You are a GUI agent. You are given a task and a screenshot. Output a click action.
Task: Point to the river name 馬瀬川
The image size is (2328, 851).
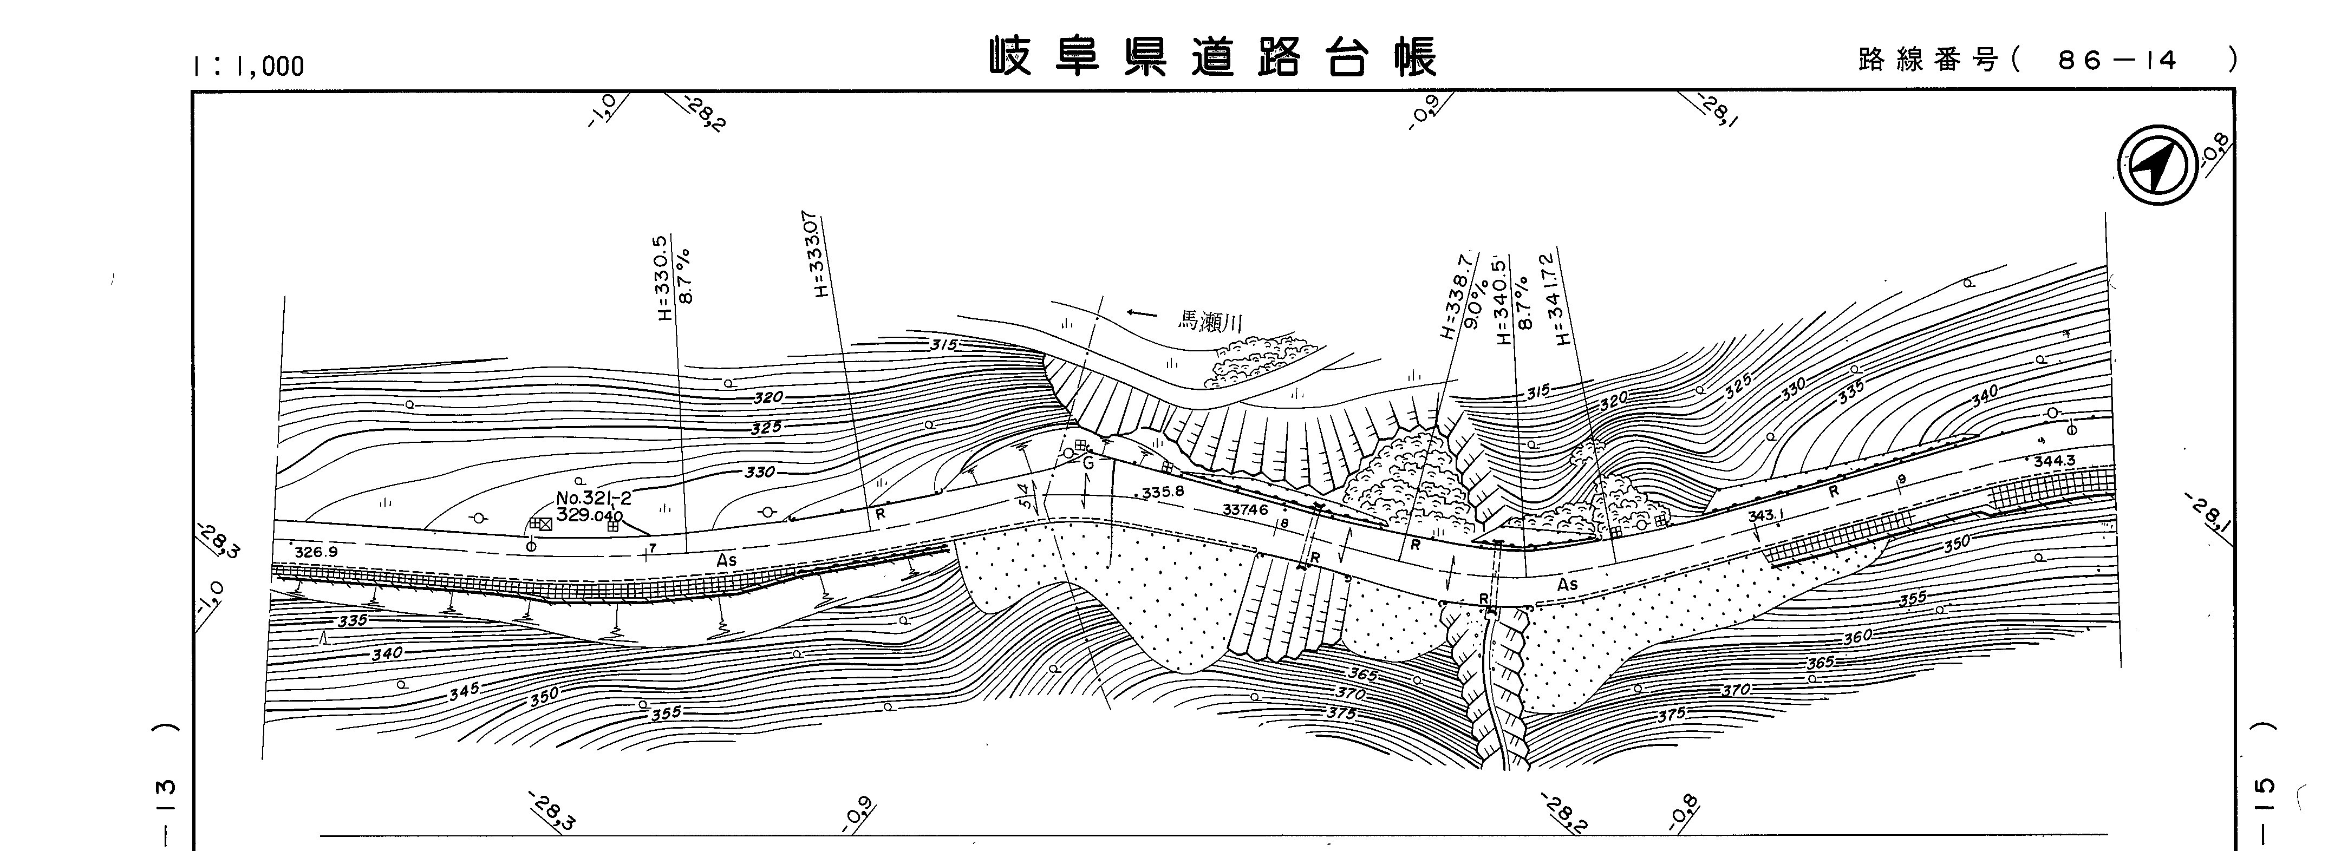(x=1211, y=320)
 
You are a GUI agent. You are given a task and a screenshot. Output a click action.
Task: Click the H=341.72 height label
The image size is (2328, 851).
(x=1560, y=299)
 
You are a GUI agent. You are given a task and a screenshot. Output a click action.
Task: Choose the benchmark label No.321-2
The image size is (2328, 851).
(x=594, y=498)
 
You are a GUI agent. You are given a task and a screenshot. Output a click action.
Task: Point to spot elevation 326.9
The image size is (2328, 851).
(x=316, y=551)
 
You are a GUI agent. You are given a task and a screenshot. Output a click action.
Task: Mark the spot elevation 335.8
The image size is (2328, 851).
(x=1162, y=493)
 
